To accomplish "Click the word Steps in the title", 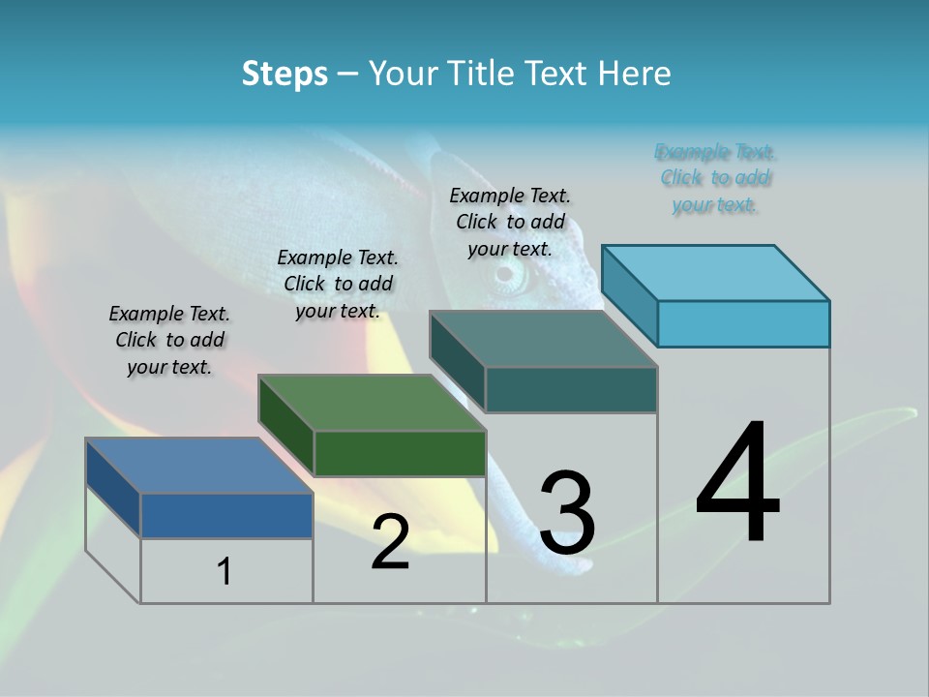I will [x=285, y=74].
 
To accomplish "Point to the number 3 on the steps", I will [x=566, y=513].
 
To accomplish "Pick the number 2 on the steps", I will [x=390, y=542].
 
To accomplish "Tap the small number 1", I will [x=225, y=571].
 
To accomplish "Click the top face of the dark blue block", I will [x=198, y=466].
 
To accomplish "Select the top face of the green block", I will [x=372, y=403].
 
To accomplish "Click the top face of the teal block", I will [x=543, y=339].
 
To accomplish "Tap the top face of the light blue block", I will [x=716, y=272].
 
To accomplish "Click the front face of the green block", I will [x=400, y=453].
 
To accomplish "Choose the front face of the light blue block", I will [x=743, y=323].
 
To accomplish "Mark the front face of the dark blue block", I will [x=226, y=515].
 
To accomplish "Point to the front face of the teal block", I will [x=571, y=389].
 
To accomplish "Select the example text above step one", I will [x=169, y=340].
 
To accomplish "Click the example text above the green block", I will [x=338, y=284].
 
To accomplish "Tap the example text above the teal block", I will [x=510, y=222].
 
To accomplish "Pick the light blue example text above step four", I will [x=715, y=178].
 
